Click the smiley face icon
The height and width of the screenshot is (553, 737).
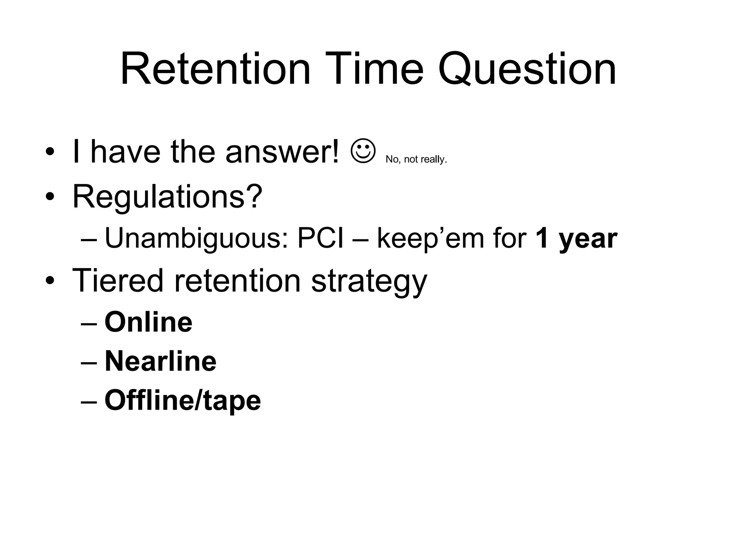[x=363, y=151]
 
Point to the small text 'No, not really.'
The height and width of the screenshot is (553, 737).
[x=416, y=159]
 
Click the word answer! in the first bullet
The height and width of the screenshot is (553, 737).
[x=282, y=152]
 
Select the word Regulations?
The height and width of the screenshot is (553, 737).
[x=167, y=197]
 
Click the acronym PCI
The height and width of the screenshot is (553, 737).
[x=320, y=238]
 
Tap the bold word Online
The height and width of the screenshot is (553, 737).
[x=148, y=322]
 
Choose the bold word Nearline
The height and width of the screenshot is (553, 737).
[x=160, y=361]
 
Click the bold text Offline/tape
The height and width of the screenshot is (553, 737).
[x=182, y=401]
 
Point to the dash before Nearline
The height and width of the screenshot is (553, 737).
[x=89, y=362]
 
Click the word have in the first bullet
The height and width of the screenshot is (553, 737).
[x=125, y=152]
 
